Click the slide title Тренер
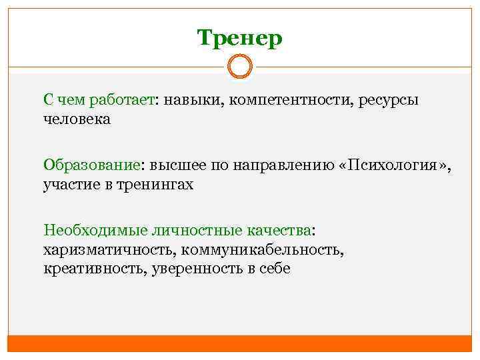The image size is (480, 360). [x=240, y=38]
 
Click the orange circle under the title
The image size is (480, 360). [x=240, y=67]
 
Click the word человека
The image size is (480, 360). [x=77, y=120]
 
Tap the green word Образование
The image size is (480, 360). [x=93, y=165]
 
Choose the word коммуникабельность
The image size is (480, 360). [x=258, y=250]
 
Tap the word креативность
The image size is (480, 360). [x=95, y=269]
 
